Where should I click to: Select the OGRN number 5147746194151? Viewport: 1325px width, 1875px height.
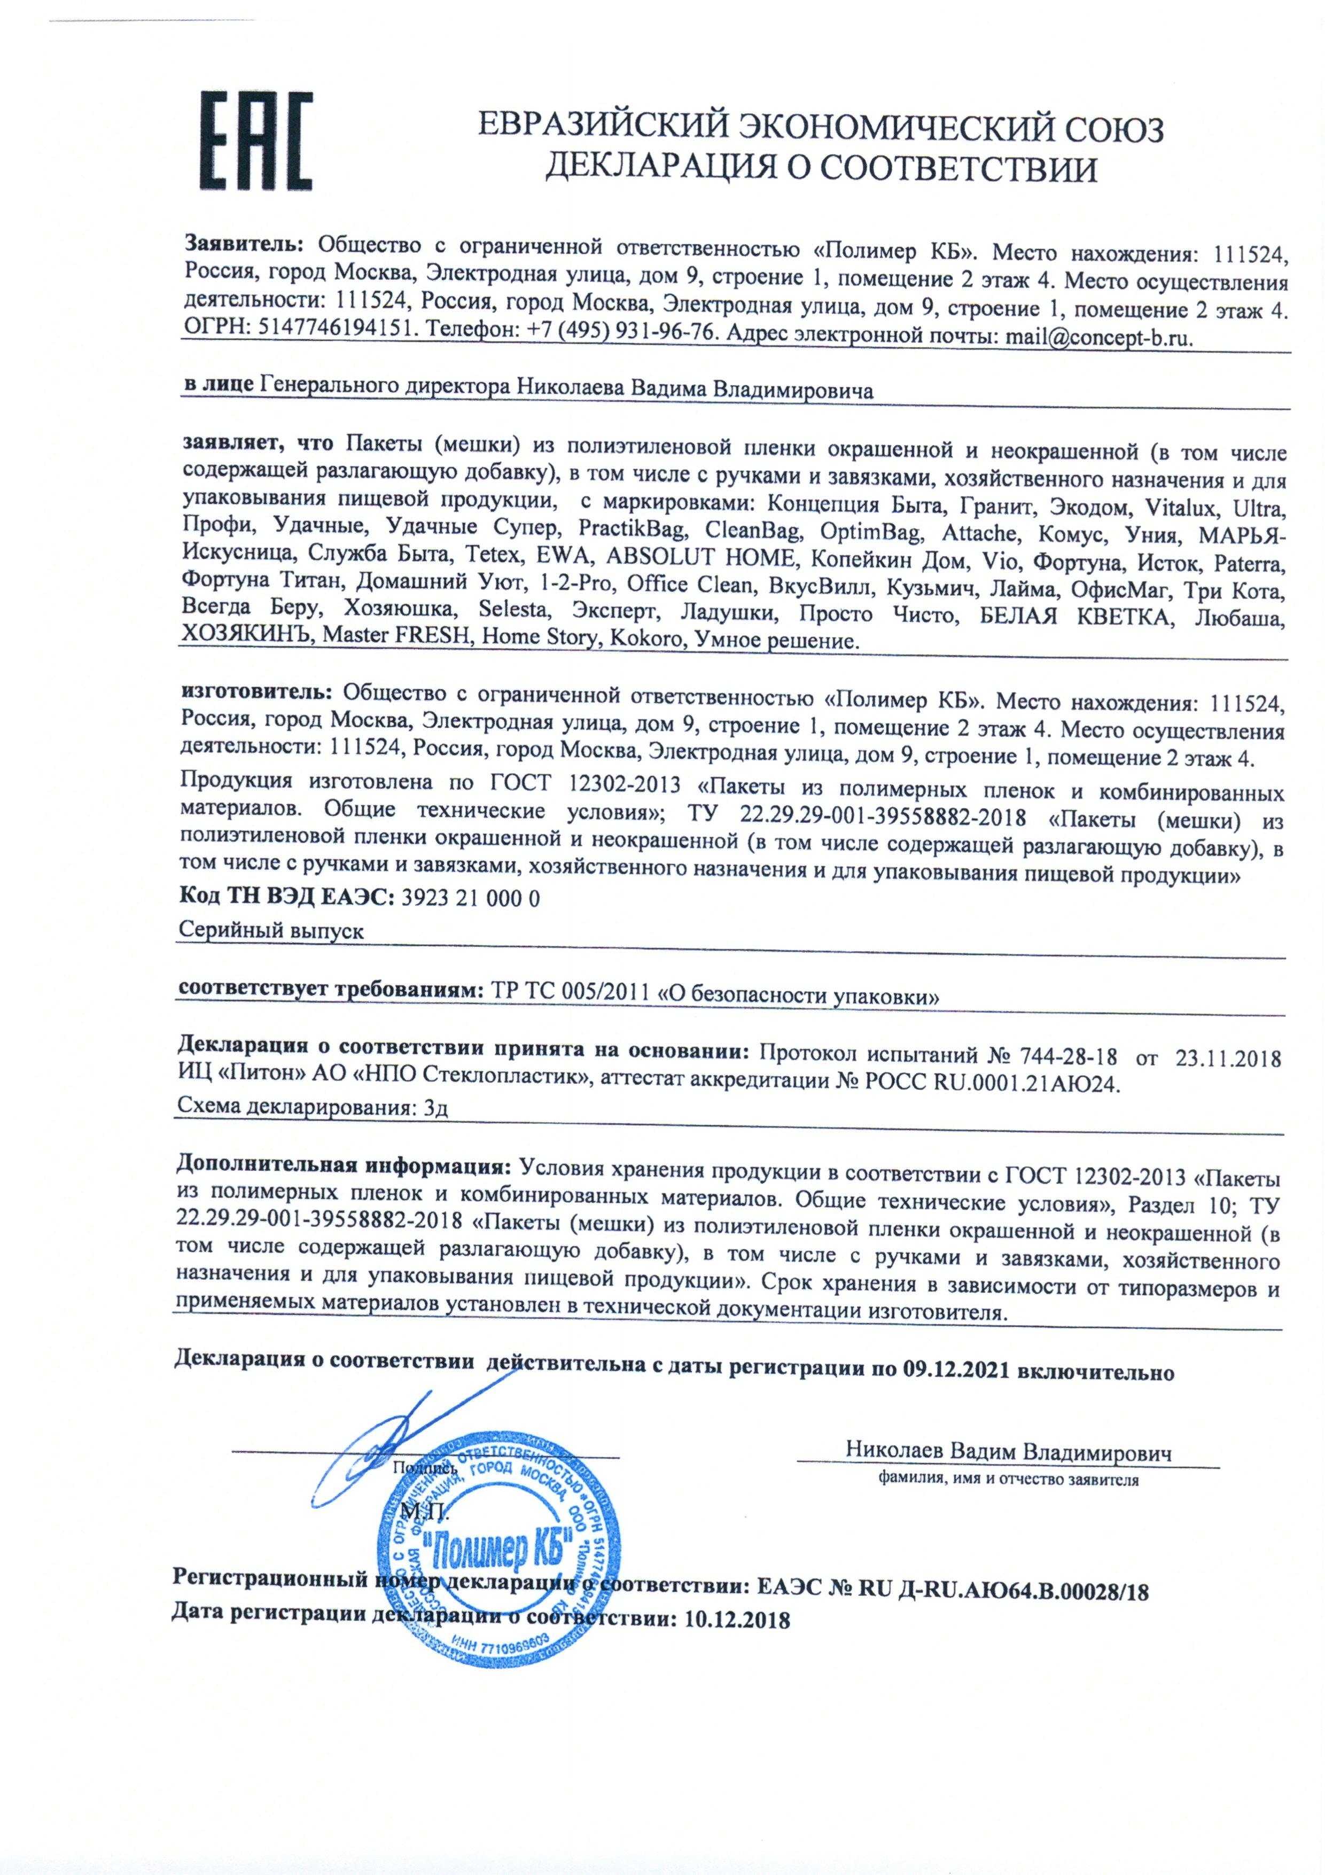326,335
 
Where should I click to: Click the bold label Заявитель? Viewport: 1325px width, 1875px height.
244,244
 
